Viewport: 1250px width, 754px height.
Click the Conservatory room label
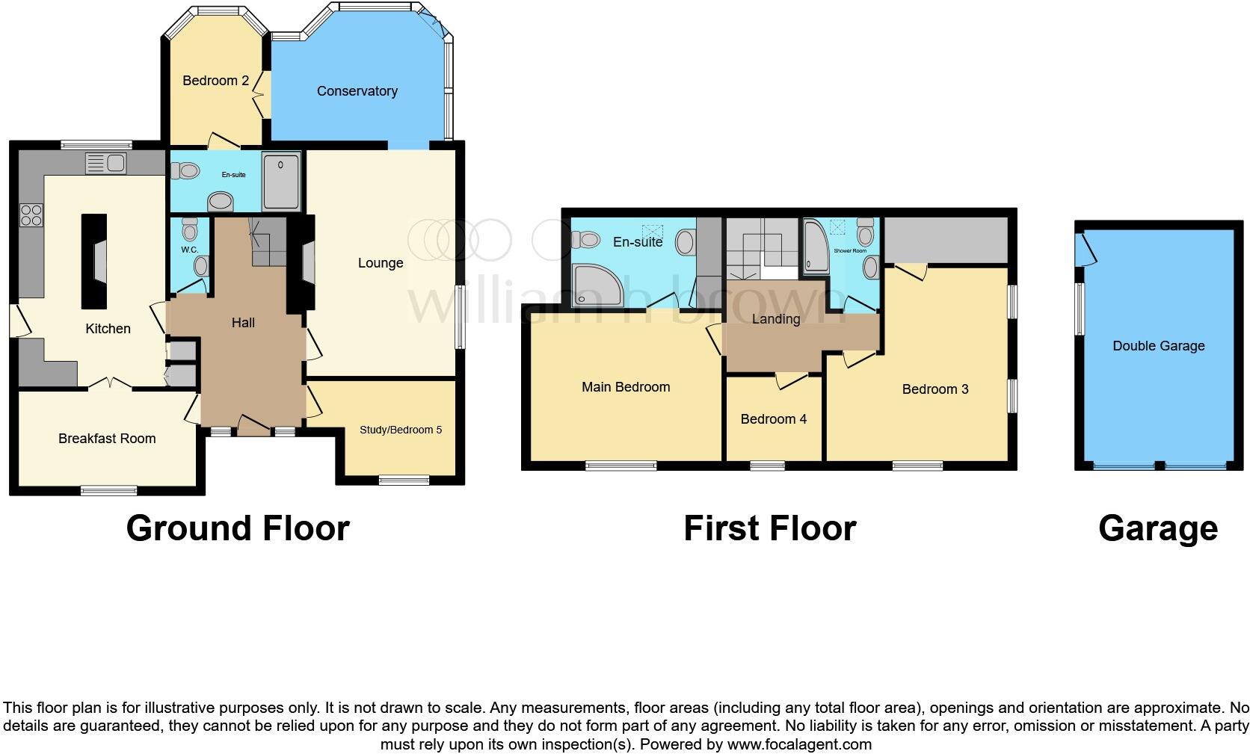coord(357,91)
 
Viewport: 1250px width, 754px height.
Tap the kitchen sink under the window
coord(106,162)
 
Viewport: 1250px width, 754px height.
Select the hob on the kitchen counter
coord(31,215)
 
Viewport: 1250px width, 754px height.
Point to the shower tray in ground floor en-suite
coord(281,181)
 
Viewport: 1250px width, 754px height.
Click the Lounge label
coord(381,263)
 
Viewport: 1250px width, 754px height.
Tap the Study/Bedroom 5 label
coord(401,430)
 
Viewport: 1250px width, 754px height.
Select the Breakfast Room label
coord(107,439)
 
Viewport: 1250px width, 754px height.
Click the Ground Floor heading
coord(238,528)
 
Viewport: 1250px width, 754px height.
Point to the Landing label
coord(775,319)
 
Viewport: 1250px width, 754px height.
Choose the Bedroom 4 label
coord(773,419)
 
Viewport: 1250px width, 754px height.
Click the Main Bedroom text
coord(626,387)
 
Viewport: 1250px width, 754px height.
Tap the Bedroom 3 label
coord(935,389)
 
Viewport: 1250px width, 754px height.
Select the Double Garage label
coord(1158,346)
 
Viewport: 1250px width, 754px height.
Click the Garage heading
coord(1157,528)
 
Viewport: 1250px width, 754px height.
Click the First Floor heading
coord(769,528)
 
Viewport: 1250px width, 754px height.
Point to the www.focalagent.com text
coord(799,744)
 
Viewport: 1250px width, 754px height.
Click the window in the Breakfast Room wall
coord(109,490)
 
